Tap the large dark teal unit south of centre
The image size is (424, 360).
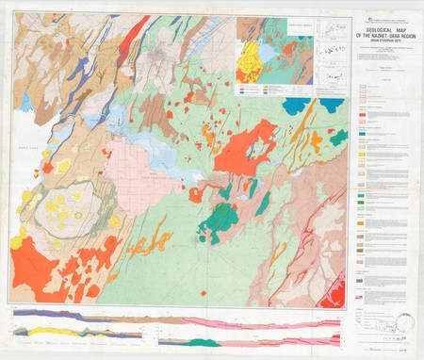pos(220,222)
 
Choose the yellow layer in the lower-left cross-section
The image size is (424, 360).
pos(57,331)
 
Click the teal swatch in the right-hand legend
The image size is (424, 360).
pos(363,138)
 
